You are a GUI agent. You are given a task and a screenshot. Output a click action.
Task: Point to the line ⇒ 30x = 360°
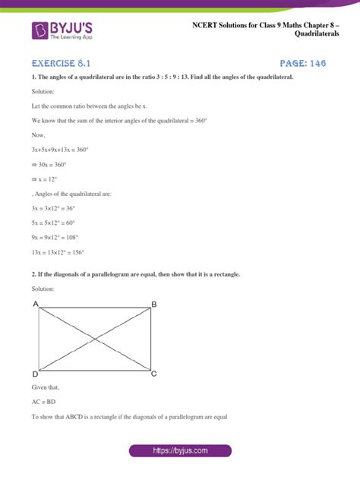pyautogui.click(x=52, y=165)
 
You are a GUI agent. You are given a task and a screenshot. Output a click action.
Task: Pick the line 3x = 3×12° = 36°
pyautogui.click(x=57, y=208)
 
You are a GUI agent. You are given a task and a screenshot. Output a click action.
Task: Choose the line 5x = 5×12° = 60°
pyautogui.click(x=57, y=223)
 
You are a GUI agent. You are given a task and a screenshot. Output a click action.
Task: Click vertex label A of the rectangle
pyautogui.click(x=36, y=304)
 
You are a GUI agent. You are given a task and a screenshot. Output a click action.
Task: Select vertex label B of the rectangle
pyautogui.click(x=154, y=304)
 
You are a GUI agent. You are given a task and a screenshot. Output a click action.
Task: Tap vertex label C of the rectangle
pyautogui.click(x=154, y=374)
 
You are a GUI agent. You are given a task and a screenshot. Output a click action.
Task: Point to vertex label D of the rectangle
pyautogui.click(x=36, y=374)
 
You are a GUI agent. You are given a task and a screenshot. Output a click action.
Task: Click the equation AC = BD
pyautogui.click(x=46, y=403)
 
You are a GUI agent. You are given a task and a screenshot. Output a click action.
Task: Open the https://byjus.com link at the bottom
pyautogui.click(x=180, y=450)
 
